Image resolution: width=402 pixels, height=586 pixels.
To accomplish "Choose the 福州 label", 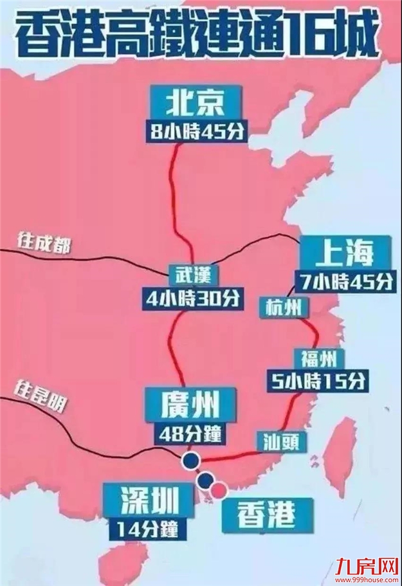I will coord(313,358).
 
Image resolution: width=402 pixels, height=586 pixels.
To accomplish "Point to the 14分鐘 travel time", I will coord(148,529).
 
